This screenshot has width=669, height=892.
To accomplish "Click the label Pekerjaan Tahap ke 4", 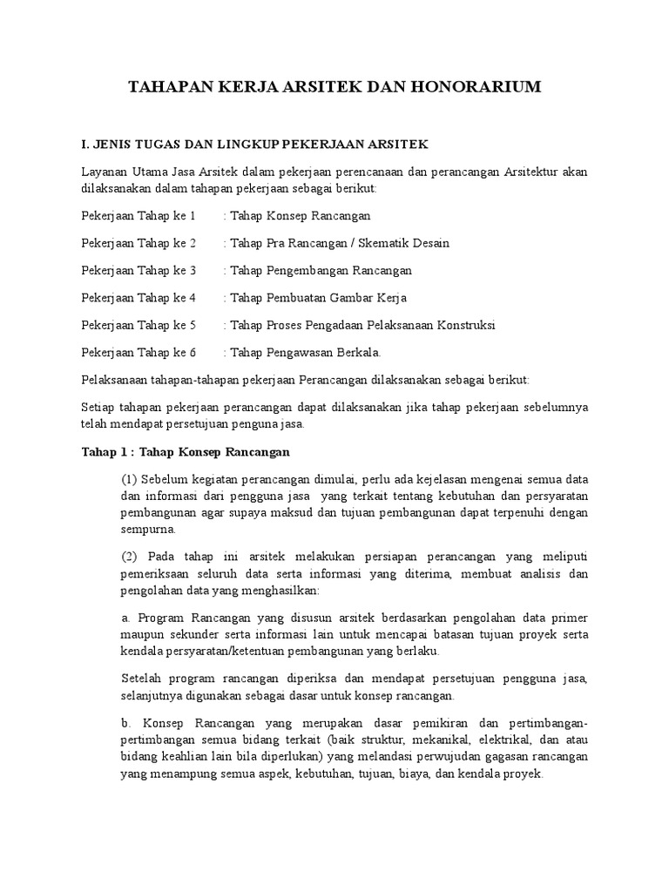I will pos(139,298).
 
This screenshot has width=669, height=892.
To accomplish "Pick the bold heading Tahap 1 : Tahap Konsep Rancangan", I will pos(186,452).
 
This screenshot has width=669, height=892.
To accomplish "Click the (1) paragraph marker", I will pos(129,480).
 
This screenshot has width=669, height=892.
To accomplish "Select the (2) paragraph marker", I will pos(129,556).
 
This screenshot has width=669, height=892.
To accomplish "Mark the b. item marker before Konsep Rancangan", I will pos(126,723).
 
